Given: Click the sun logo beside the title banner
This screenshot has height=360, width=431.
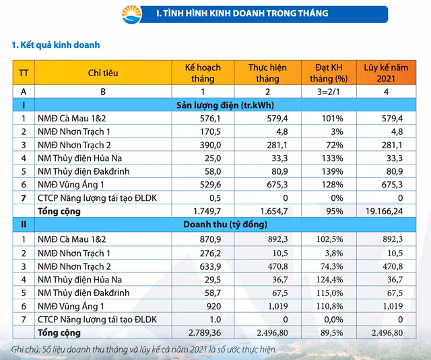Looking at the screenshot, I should click(x=132, y=13).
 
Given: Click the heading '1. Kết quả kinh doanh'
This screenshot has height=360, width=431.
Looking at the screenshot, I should click(x=56, y=45).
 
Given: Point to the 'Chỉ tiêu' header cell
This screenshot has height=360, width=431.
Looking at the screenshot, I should click(x=102, y=73).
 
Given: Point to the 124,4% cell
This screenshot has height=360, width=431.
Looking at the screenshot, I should click(x=331, y=278).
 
